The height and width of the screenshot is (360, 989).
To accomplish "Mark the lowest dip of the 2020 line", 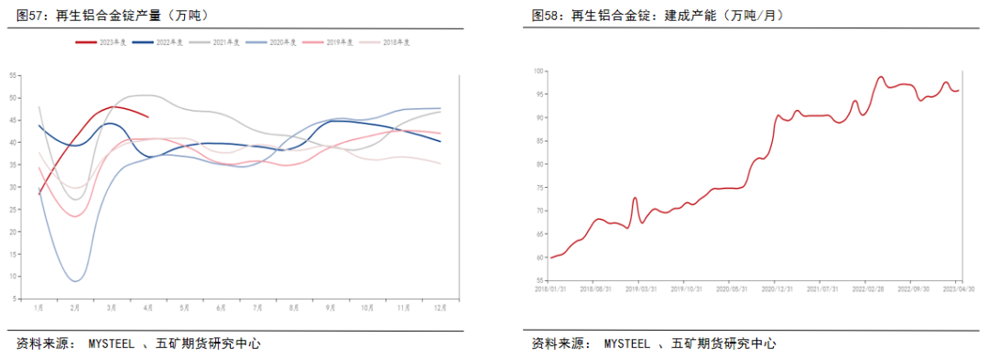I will pos(76,281).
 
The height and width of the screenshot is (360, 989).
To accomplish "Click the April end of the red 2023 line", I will pos(148,116).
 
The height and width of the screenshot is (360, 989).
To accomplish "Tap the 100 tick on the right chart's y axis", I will pos(539,71).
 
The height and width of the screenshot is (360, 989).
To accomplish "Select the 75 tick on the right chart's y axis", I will pos(539,187).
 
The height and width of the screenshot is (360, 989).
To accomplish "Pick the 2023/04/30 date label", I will pos(958,289).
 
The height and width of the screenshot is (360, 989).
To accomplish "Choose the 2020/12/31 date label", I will pos(775,289).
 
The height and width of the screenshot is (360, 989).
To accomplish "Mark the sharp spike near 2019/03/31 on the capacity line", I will pos(635,198).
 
